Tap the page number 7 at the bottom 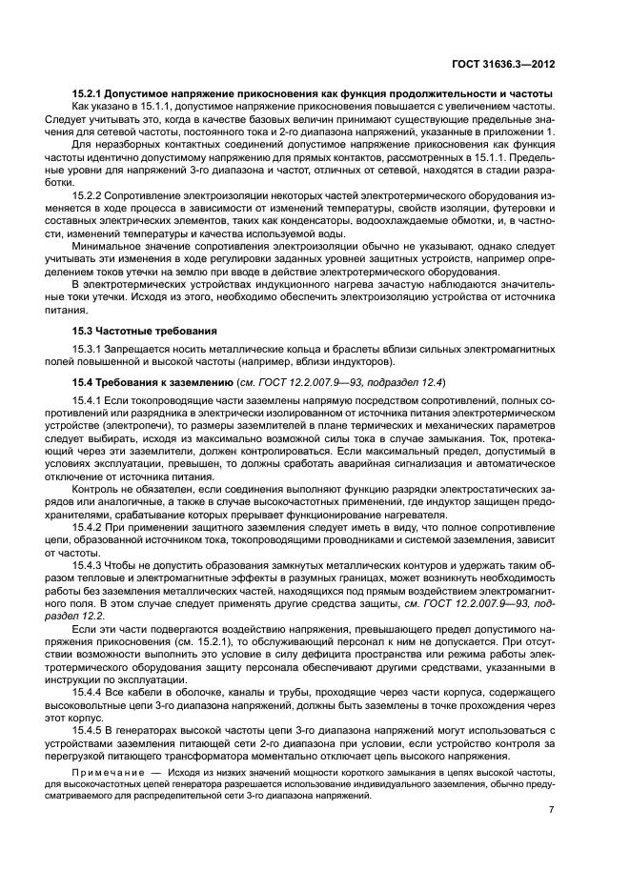coord(552,810)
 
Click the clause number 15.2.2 coord(90,194)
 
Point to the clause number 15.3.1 coord(90,350)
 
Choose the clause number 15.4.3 coord(90,564)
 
